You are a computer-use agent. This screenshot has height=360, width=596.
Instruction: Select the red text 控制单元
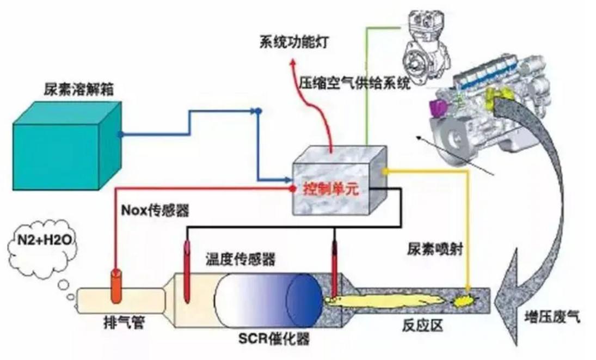coord(325,190)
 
